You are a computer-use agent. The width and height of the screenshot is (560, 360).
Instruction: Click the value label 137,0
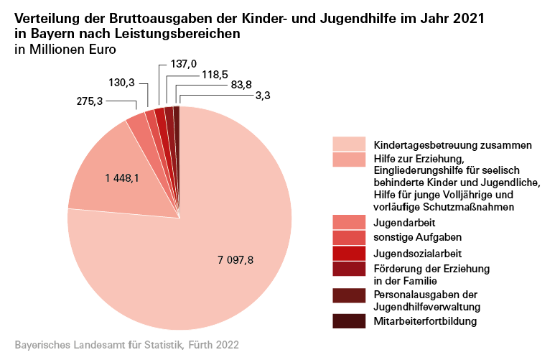click(184, 65)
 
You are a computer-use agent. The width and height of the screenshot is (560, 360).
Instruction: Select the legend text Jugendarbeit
click(401, 223)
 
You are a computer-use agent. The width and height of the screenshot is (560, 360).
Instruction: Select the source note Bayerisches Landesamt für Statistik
click(126, 346)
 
